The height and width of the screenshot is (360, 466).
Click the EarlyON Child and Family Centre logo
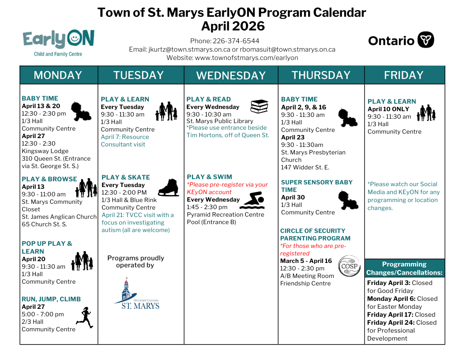click(58, 43)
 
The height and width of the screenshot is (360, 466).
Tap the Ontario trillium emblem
click(426, 40)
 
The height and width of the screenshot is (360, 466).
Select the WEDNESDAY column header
click(231, 75)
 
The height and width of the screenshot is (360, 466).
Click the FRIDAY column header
click(404, 75)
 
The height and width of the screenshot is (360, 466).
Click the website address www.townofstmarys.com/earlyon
click(247, 57)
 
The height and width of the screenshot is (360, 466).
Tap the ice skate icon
click(168, 187)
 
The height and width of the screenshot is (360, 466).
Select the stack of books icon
click(259, 106)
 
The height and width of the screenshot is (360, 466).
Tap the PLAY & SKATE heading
click(126, 177)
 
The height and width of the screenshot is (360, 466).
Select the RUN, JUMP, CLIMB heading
click(51, 299)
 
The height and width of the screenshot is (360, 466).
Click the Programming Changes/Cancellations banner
click(404, 268)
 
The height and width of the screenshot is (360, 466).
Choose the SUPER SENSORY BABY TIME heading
click(316, 186)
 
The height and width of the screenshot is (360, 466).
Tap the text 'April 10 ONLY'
click(388, 109)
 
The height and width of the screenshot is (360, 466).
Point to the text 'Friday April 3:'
click(389, 283)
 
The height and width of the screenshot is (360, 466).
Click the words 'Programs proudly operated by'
click(135, 262)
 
